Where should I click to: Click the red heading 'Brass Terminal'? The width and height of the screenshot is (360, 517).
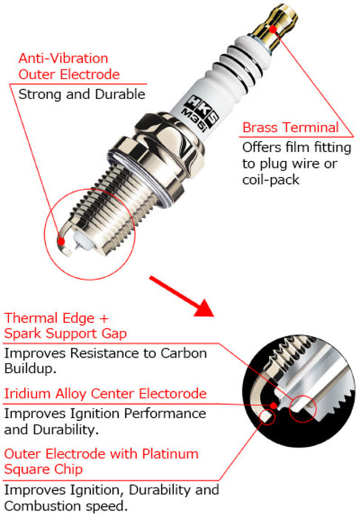point(290,128)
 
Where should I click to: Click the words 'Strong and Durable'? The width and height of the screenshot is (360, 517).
point(81,94)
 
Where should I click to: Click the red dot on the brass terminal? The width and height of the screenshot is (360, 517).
point(274,28)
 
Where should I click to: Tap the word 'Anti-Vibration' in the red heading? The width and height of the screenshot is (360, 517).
point(63,58)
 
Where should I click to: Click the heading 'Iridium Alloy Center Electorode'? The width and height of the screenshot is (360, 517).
point(106,394)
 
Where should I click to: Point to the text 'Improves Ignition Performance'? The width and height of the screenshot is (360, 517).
point(105,414)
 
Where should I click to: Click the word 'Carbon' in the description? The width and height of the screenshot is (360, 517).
point(187,353)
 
